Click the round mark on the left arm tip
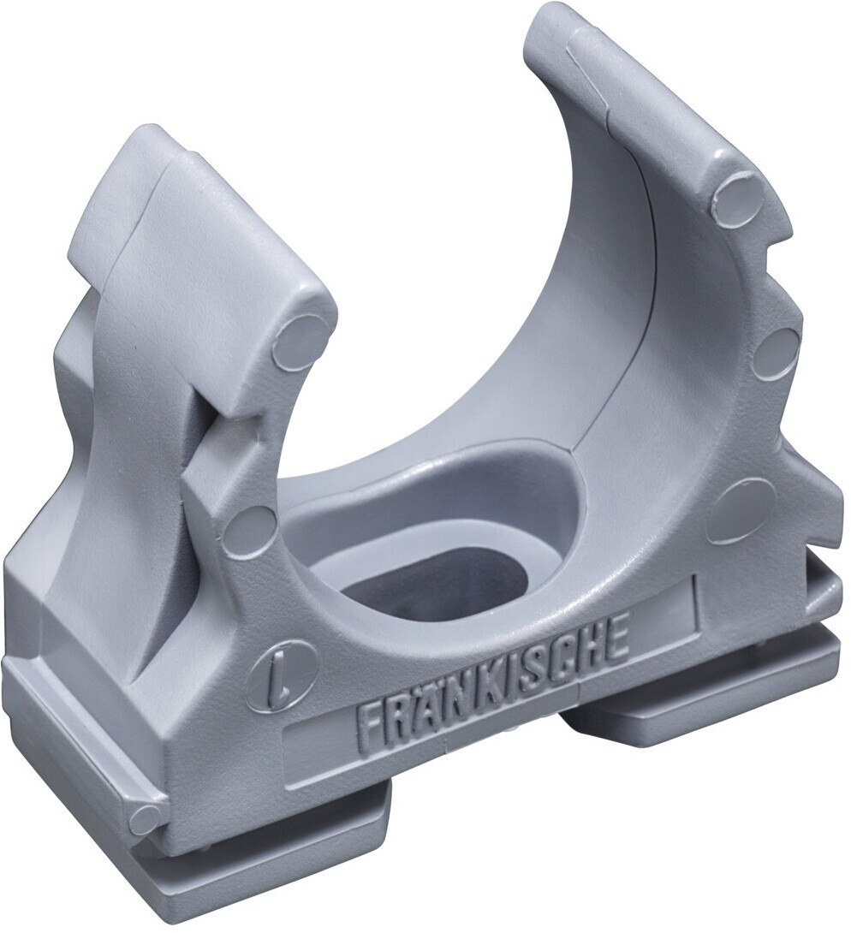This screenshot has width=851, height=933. click(x=301, y=340)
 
